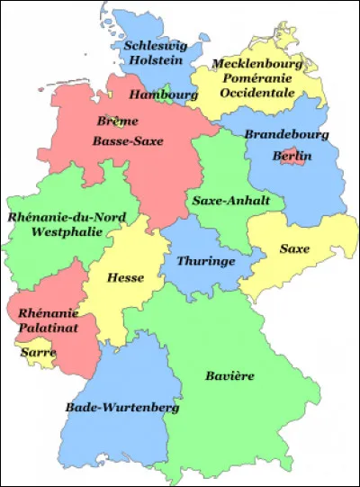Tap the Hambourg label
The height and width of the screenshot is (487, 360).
point(163,94)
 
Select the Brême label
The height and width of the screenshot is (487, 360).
point(112,120)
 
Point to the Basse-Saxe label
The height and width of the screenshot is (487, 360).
point(127,141)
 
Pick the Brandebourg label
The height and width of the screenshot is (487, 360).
point(287,134)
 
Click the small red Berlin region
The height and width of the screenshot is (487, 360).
point(292,156)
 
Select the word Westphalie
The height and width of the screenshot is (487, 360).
point(64,231)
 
